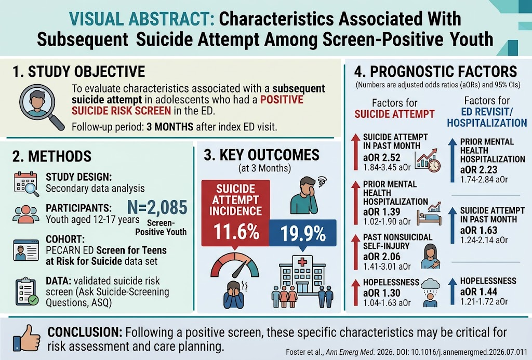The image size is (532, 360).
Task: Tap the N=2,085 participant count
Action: pyautogui.click(x=157, y=207)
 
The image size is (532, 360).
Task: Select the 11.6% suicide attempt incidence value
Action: pyautogui.click(x=236, y=232)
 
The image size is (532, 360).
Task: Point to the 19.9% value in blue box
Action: pyautogui.click(x=303, y=233)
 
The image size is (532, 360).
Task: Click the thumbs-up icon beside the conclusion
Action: pyautogui.click(x=27, y=338)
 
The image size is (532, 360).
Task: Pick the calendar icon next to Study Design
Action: pyautogui.click(x=26, y=183)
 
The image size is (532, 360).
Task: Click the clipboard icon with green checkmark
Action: pyautogui.click(x=26, y=291)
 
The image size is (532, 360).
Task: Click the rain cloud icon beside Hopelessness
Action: pyautogui.click(x=430, y=285)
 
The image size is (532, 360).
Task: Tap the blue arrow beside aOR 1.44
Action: pyautogui.click(x=453, y=291)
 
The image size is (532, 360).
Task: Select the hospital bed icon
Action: pyautogui.click(x=429, y=218)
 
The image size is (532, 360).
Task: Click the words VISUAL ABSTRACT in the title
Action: pyautogui.click(x=141, y=19)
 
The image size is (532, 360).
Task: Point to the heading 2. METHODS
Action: pyautogui.click(x=52, y=156)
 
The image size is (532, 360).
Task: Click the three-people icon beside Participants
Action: pyautogui.click(x=26, y=214)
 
